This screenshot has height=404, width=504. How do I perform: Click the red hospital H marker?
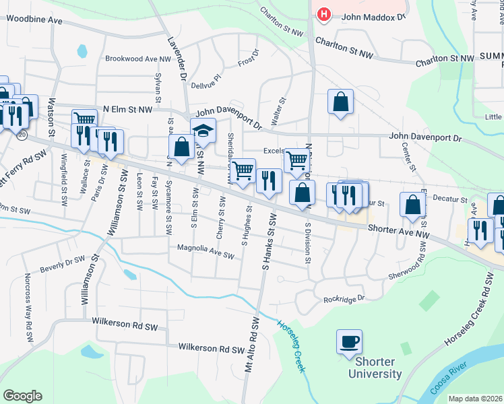pos(324,14)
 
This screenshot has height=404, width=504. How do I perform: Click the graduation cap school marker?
pos(203,130)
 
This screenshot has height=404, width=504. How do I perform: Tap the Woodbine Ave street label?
pos(34,21)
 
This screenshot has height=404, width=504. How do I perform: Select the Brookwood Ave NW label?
pos(138,59)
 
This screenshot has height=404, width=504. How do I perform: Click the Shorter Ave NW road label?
pos(398,230)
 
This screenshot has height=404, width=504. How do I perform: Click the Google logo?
pos(22,396)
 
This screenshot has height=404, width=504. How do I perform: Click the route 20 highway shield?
pos(22,135)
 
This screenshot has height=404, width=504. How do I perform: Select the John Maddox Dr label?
pos(373,17)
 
